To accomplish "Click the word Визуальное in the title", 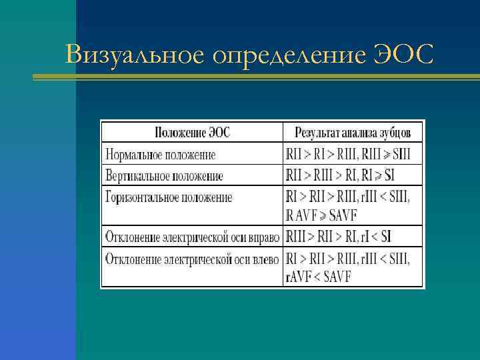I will pos(134,53).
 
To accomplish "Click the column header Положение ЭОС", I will pos(192,132).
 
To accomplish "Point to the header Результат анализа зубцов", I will pos(353,132).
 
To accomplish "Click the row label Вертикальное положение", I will pos(164,176).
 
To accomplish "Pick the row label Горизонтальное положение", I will pos(169,197).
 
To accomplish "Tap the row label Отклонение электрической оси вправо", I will pos(193,237).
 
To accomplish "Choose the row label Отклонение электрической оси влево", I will pos(192,257).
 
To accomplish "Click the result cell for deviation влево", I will pos(347,266).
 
